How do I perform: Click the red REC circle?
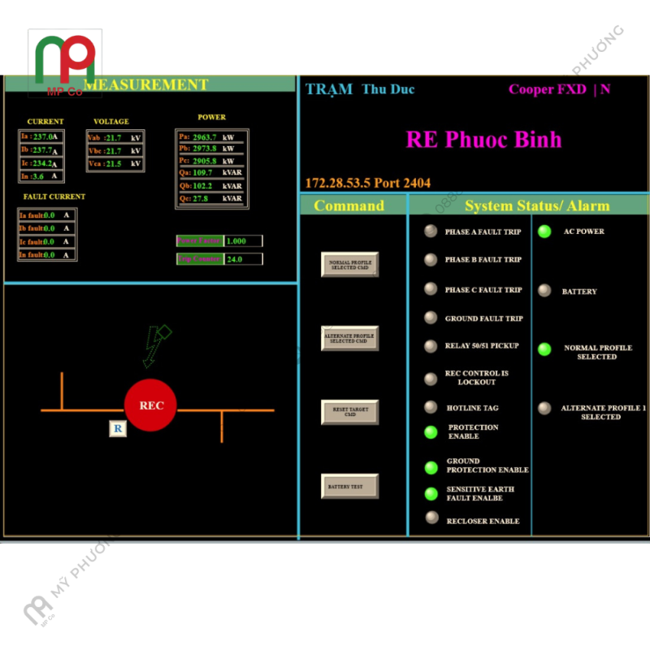point(150,405)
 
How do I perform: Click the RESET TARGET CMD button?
point(349,412)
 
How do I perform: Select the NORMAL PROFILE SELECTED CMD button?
point(349,264)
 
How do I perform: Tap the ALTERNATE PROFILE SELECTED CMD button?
point(349,338)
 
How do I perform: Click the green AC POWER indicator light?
point(544,232)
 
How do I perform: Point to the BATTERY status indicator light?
point(544,291)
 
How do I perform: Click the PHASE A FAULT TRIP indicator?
point(431,232)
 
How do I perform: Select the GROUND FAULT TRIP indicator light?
point(431,318)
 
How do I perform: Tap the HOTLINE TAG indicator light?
point(431,407)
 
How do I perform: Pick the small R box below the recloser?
point(118,428)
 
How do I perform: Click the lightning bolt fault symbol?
point(156,343)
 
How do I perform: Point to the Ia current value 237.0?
point(45,136)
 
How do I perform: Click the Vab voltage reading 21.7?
point(113,137)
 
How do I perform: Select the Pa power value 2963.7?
point(204,136)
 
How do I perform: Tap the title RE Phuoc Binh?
point(483,139)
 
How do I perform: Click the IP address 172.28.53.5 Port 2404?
point(367,183)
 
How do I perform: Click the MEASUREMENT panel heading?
point(146,84)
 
